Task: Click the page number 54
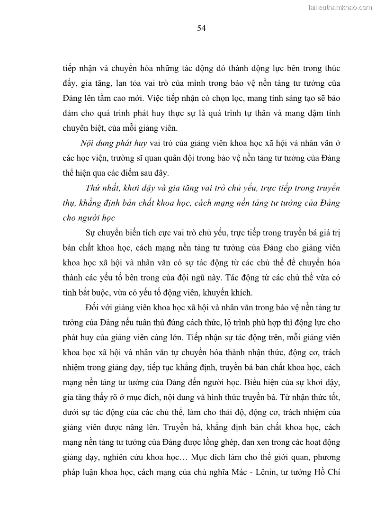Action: [x=201, y=28]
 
